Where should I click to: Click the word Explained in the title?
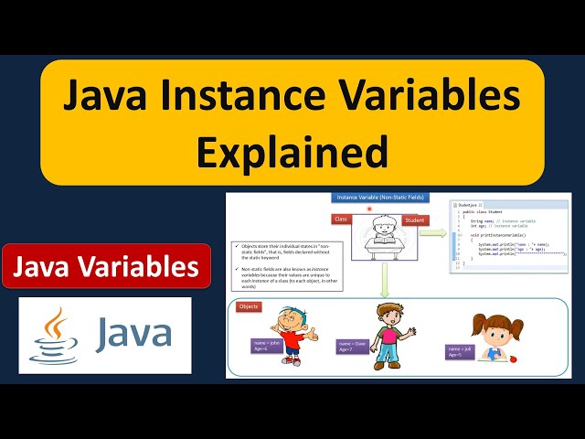[x=292, y=151]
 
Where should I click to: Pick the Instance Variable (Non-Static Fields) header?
[x=374, y=197]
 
